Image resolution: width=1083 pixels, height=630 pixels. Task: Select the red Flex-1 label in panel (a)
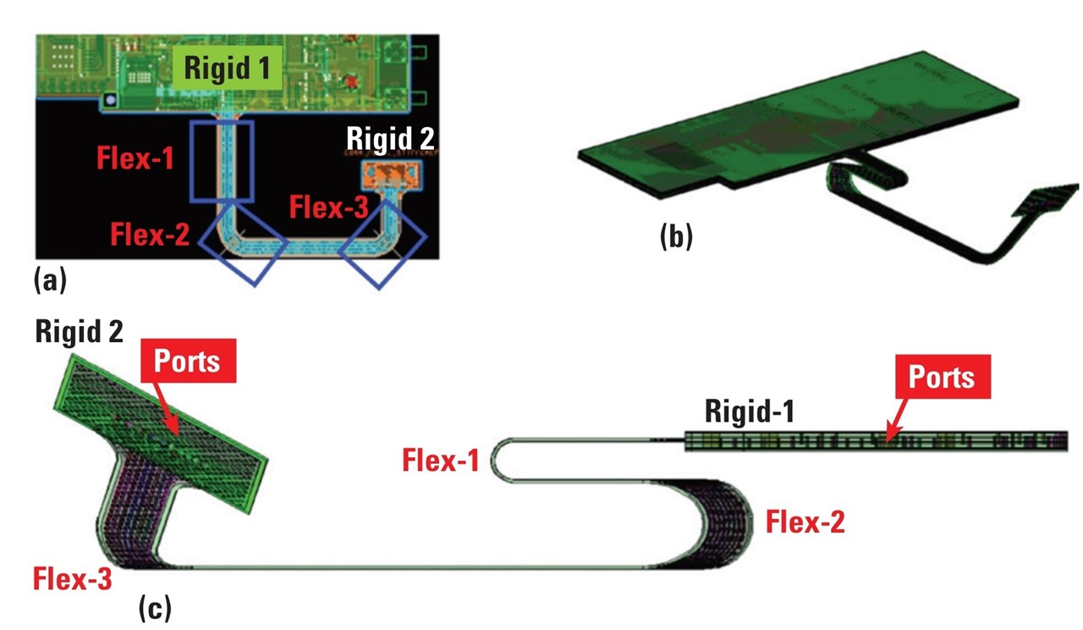[x=135, y=159]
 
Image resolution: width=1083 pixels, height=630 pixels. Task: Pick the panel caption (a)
[x=50, y=279]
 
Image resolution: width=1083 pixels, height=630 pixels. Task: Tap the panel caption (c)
[x=155, y=607]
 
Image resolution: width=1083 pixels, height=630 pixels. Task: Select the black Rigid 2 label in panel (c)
[x=80, y=332]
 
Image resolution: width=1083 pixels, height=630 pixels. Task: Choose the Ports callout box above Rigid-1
[x=942, y=377]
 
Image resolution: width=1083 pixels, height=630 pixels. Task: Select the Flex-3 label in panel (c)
[x=72, y=579]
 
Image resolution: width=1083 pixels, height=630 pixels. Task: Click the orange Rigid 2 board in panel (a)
[x=390, y=175]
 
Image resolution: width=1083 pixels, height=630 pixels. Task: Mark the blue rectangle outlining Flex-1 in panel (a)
[x=221, y=161]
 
